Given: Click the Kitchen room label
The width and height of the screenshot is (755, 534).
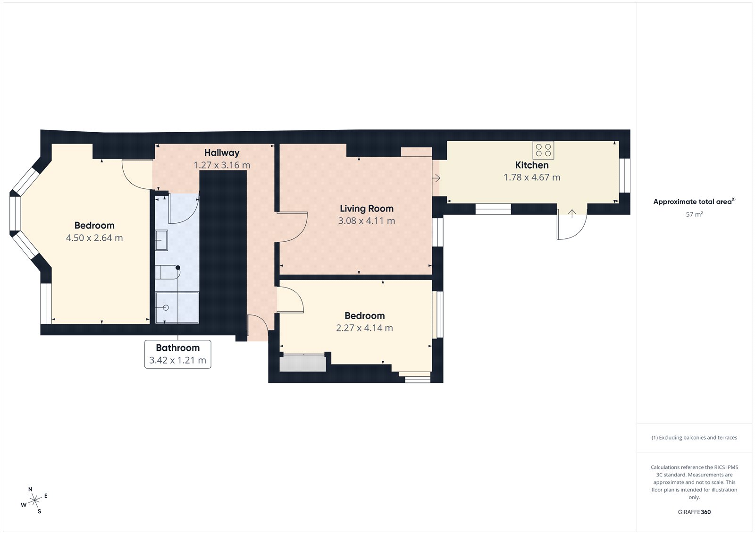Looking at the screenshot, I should coord(532,165).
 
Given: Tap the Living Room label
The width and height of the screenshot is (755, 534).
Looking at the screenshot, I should coord(366,209).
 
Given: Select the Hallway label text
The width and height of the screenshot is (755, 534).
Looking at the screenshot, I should coord(222,153).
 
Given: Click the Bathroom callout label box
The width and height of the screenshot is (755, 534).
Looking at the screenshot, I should coord(177,354).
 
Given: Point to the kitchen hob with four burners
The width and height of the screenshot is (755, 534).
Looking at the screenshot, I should coord(543,150).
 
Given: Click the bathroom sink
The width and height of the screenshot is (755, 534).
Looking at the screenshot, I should coord(161,240).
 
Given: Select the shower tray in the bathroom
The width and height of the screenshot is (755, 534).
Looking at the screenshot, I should coord(177,307).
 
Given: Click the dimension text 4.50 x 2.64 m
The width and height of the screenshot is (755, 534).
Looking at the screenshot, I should coord(94,238).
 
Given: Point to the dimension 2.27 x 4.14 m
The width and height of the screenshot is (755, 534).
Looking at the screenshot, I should coord(364,328).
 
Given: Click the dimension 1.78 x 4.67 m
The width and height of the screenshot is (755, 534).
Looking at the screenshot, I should coord(532,178).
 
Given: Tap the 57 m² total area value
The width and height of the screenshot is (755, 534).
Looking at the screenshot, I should coord(694,214).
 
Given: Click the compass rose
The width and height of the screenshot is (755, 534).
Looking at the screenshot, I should coord(34,500).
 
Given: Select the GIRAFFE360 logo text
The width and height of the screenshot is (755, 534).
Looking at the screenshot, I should coord(694,512).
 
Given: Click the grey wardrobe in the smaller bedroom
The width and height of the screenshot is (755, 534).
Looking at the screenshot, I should coord(302,364).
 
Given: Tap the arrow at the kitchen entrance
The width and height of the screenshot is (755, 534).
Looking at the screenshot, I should coord(436,178).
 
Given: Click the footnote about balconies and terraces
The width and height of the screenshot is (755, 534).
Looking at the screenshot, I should coord(694,438).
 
